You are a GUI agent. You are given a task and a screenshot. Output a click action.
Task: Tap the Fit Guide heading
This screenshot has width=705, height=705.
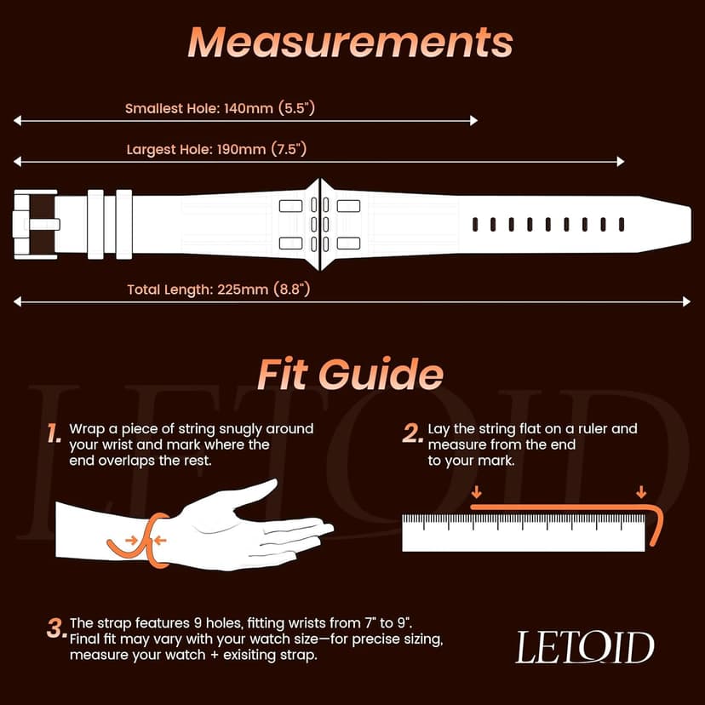(x=350, y=375)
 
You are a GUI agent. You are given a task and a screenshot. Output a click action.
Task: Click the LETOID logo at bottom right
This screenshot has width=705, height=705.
(x=584, y=648)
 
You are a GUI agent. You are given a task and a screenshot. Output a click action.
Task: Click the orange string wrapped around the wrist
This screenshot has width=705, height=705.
(x=151, y=542)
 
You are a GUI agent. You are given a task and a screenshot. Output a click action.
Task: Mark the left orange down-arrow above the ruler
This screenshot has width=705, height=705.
(x=476, y=492)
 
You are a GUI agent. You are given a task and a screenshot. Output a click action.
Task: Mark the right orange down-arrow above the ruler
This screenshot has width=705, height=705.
(x=640, y=492)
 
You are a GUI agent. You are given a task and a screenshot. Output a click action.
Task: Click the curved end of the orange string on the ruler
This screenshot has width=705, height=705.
(x=658, y=524)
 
